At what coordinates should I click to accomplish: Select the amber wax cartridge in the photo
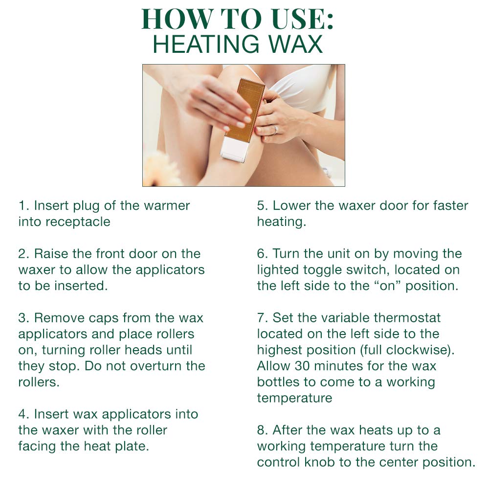(247, 109)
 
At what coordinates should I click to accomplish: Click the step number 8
(262, 430)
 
